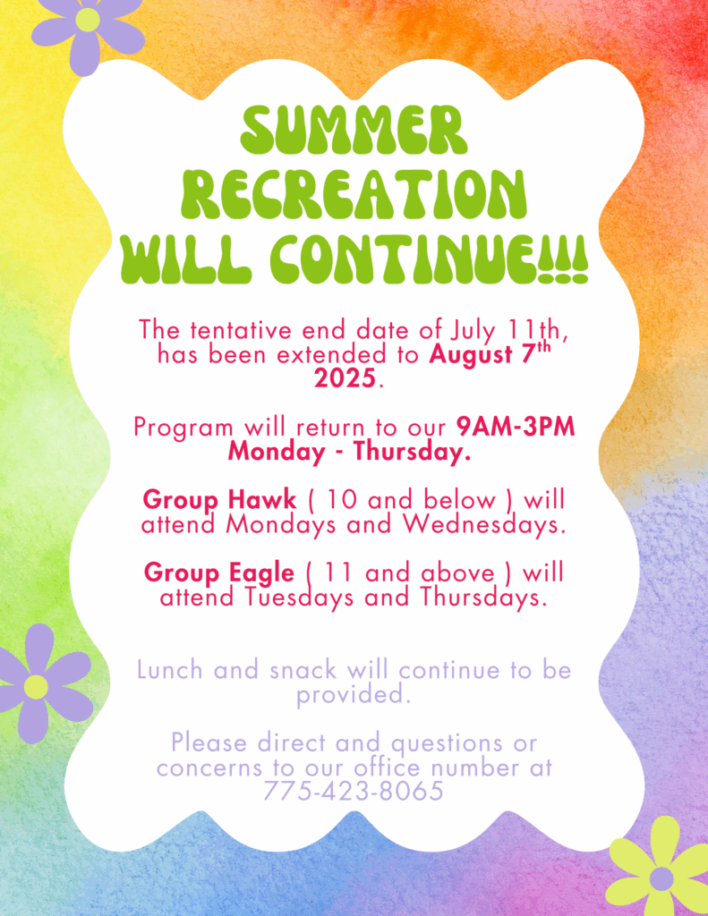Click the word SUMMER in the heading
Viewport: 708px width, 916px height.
pos(354,130)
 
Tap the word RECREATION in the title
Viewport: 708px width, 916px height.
pos(354,194)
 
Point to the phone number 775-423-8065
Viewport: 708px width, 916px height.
pos(354,792)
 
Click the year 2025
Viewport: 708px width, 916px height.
pos(345,378)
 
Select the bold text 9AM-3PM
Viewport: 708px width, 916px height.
pos(516,427)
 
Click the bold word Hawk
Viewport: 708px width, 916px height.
pos(262,499)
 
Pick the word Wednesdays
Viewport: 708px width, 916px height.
pos(484,524)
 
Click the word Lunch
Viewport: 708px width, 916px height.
pos(169,670)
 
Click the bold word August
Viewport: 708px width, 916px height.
pos(471,355)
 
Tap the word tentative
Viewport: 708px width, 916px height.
pos(241,331)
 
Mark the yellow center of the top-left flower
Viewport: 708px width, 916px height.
pos(88,21)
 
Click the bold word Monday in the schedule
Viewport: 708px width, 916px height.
pos(277,452)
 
